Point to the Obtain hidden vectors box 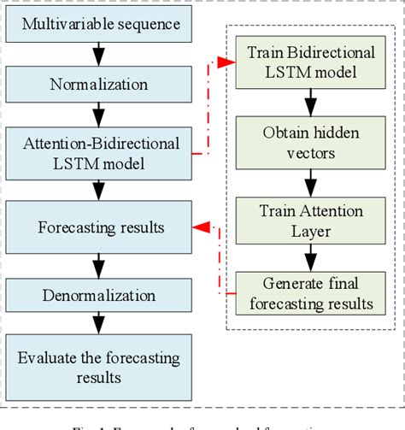(311, 143)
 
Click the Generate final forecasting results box (311, 293)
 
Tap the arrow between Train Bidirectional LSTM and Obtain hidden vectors (311, 104)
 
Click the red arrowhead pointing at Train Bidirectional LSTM (227, 62)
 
